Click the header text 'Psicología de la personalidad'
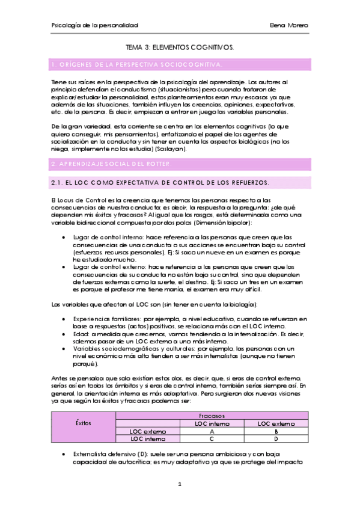pos(95,26)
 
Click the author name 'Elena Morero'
pos(290,26)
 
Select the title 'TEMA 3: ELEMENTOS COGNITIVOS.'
pos(180,46)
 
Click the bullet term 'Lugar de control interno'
pos(105,236)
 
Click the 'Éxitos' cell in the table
pos(84,423)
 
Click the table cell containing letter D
pos(276,439)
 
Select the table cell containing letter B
pos(276,431)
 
